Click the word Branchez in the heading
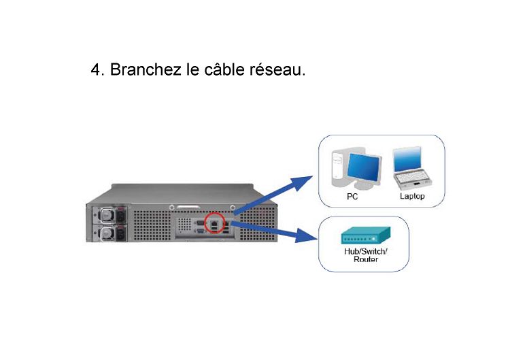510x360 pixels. (x=146, y=69)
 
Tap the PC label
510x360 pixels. (x=352, y=197)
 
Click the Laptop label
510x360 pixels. (x=412, y=196)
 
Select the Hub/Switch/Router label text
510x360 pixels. (x=366, y=255)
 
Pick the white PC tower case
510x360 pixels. (x=339, y=167)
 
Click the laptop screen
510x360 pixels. (x=407, y=159)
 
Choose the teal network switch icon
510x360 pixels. (x=366, y=235)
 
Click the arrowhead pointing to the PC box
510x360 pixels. (x=302, y=182)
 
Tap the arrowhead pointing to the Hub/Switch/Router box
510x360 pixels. (x=306, y=235)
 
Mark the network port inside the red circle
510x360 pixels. (x=215, y=223)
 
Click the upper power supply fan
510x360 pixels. (x=106, y=215)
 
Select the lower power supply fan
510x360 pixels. (x=106, y=233)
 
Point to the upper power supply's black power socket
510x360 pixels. (x=121, y=216)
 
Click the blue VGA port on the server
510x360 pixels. (x=201, y=231)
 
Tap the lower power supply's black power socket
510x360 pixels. (x=121, y=233)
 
